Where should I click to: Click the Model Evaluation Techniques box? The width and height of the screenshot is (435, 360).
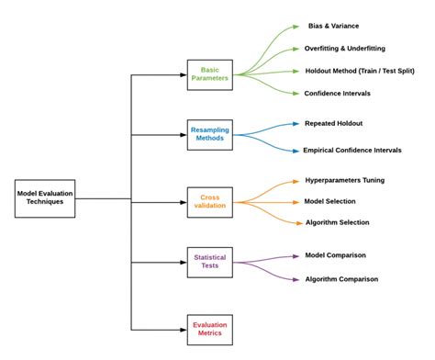click(45, 198)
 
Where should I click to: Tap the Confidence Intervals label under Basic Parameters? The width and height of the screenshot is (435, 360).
click(340, 93)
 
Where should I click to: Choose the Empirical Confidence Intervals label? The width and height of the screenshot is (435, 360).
click(352, 150)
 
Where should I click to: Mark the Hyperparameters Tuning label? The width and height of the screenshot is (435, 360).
click(351, 181)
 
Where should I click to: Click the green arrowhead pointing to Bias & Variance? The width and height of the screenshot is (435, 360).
click(295, 27)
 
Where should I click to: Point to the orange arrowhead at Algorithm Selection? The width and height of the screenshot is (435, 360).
click(295, 222)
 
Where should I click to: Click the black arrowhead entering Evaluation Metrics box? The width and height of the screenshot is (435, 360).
click(183, 329)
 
